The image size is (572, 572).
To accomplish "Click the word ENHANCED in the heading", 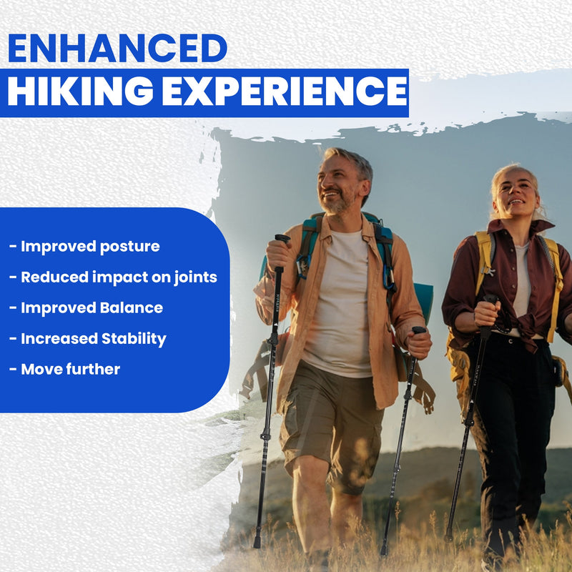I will tap(117, 48).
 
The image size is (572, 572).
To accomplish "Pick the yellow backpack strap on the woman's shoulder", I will tap(485, 257).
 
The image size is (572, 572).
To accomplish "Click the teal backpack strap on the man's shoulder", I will tap(309, 247).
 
